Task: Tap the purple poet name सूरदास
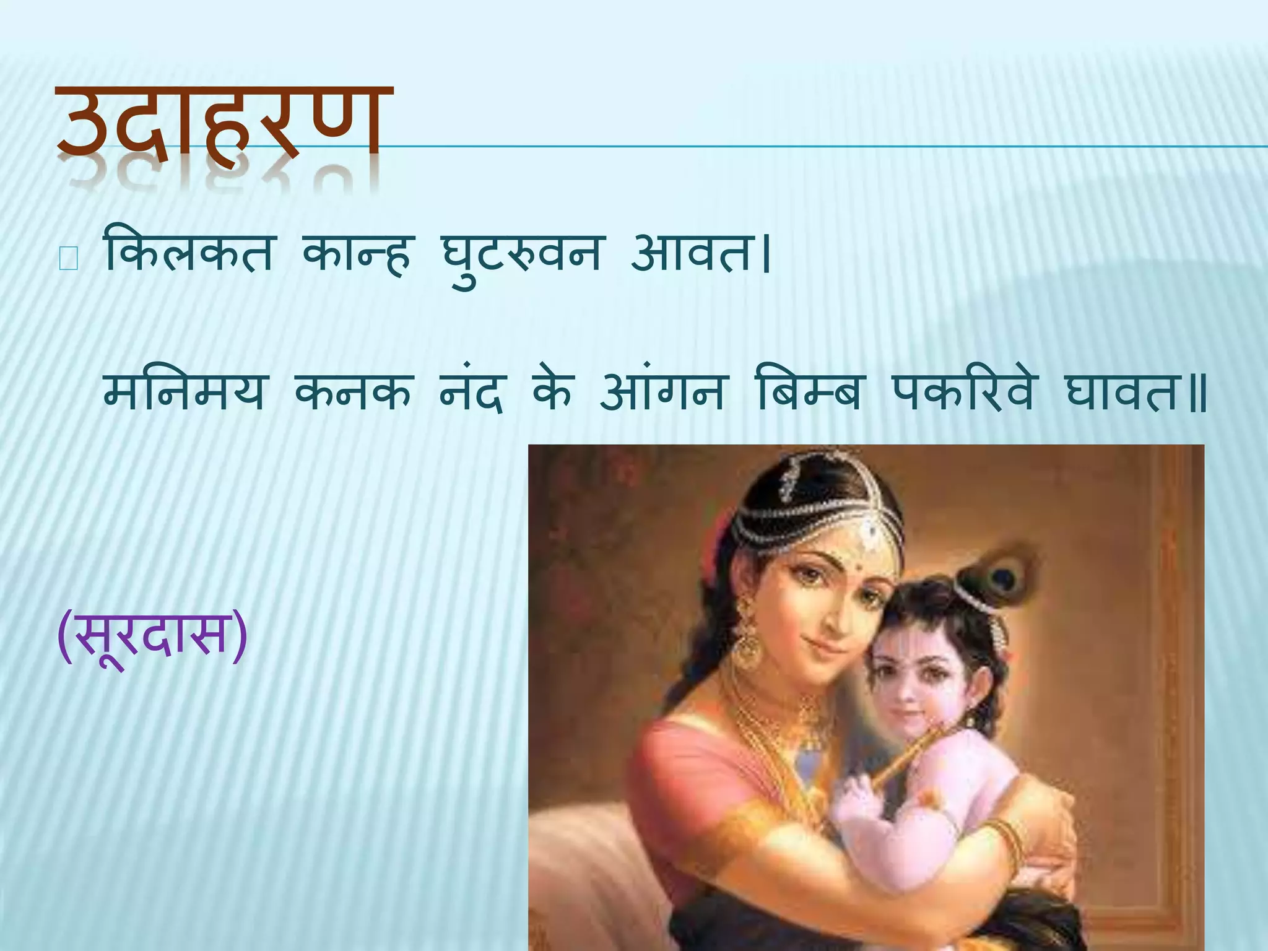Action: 152,635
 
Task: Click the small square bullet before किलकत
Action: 67,260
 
